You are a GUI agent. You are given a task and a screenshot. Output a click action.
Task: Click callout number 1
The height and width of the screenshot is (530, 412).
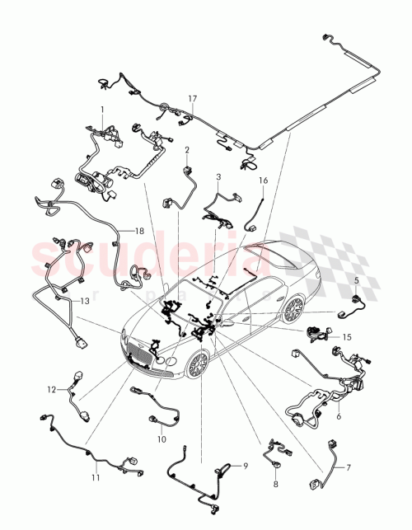[102, 110]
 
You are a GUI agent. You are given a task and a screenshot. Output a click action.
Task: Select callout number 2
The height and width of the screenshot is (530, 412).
[187, 150]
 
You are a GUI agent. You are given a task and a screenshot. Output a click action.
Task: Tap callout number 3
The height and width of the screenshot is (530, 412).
[218, 176]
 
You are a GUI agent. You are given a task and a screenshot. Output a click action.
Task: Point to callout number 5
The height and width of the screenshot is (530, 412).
[356, 281]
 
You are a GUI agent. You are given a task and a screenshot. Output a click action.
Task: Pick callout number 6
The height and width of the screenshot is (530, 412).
[339, 417]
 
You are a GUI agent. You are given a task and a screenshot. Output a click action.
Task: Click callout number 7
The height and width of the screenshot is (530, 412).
[348, 467]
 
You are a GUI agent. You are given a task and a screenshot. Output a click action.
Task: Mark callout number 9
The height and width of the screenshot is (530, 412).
[245, 467]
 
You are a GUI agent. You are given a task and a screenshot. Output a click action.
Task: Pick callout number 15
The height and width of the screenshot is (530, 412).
[347, 336]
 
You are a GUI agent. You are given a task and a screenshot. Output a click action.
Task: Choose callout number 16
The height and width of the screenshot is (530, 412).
[264, 180]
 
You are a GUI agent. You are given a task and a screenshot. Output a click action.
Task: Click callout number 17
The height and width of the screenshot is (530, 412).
[192, 99]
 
